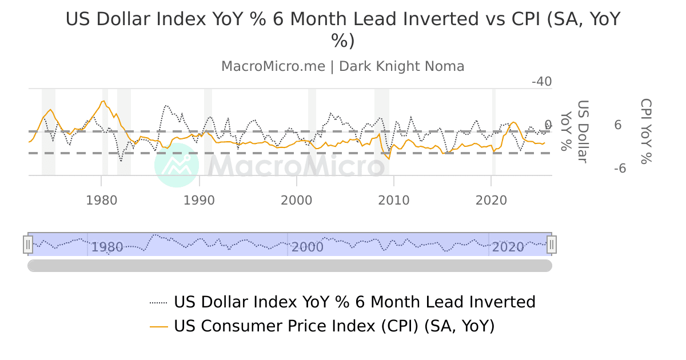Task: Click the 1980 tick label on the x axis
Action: [x=102, y=201]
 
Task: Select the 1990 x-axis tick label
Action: [x=199, y=201]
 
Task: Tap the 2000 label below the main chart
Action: [x=296, y=201]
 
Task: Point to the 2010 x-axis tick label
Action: [x=394, y=201]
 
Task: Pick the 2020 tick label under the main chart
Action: [x=492, y=201]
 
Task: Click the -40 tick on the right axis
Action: [x=541, y=82]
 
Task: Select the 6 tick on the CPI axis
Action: [x=617, y=125]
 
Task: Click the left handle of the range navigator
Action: [x=28, y=245]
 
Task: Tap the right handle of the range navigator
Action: [x=552, y=245]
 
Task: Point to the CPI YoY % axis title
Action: [x=645, y=131]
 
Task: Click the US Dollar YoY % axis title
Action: [x=575, y=131]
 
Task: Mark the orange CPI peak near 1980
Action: [x=103, y=101]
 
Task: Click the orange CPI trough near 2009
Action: [x=389, y=158]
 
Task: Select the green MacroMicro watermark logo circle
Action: [x=177, y=165]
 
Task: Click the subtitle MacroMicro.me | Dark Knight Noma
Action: [x=343, y=66]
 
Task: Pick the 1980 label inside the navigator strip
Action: [x=107, y=247]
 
